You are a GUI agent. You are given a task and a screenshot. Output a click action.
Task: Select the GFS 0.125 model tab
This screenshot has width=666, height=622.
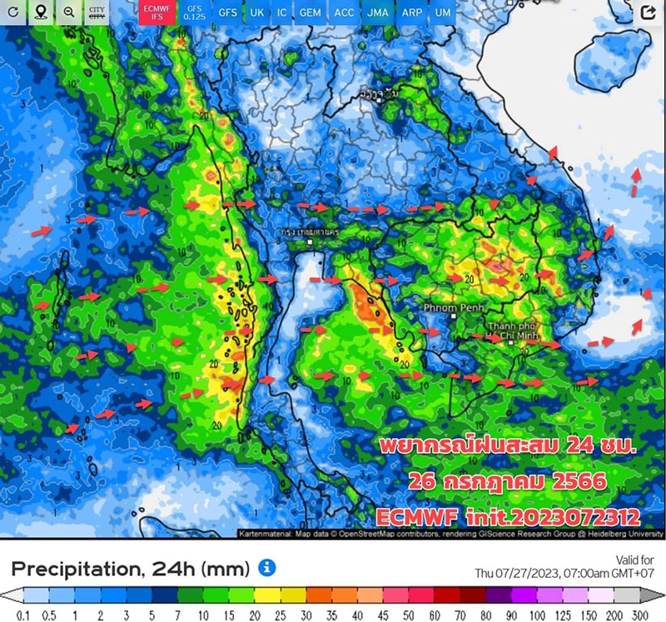(194, 13)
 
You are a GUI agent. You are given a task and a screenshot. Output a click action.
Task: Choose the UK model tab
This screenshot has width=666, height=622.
(256, 13)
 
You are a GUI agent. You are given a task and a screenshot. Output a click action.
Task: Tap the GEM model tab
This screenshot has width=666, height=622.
(311, 13)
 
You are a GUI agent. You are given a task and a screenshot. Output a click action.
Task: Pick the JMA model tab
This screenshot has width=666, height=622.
(377, 13)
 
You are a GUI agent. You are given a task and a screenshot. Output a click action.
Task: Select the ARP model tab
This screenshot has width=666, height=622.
(410, 13)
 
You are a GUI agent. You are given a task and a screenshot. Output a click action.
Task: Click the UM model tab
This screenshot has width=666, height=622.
(443, 13)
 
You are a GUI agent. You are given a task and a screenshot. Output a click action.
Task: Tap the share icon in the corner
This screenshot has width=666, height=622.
(648, 12)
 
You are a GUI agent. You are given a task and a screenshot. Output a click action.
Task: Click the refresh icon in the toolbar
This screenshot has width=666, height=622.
(13, 13)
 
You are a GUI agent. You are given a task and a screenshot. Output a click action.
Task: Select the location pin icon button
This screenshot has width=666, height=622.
(41, 13)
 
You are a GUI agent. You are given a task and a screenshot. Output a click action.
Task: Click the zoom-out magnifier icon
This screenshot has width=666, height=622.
(68, 13)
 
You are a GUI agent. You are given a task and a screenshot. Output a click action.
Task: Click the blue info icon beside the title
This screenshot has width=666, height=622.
(267, 569)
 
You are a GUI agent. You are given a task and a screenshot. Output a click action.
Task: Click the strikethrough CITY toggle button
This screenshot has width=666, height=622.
(97, 13)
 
